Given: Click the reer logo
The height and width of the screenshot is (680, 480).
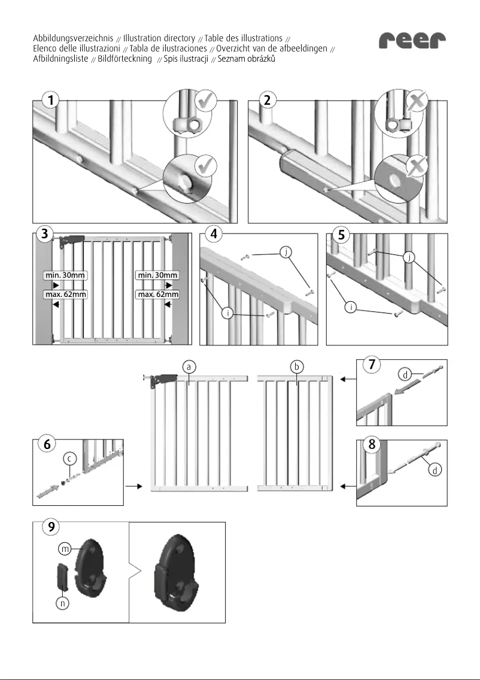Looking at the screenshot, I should (x=413, y=41).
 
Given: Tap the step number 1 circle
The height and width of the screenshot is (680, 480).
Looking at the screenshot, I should (x=53, y=101).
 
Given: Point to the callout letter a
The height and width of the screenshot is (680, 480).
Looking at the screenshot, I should (x=189, y=365).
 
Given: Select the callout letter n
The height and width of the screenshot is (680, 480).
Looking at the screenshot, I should (x=62, y=604).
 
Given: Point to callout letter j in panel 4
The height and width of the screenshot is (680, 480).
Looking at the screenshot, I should (x=287, y=252).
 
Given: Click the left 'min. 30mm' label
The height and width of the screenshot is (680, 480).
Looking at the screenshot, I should (x=65, y=275).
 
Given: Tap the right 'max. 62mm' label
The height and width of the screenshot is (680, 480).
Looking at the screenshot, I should (x=157, y=295).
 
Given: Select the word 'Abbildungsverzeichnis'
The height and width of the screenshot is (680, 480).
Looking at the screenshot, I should (x=73, y=38).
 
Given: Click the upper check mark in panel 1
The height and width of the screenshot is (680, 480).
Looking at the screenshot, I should (x=206, y=101).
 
